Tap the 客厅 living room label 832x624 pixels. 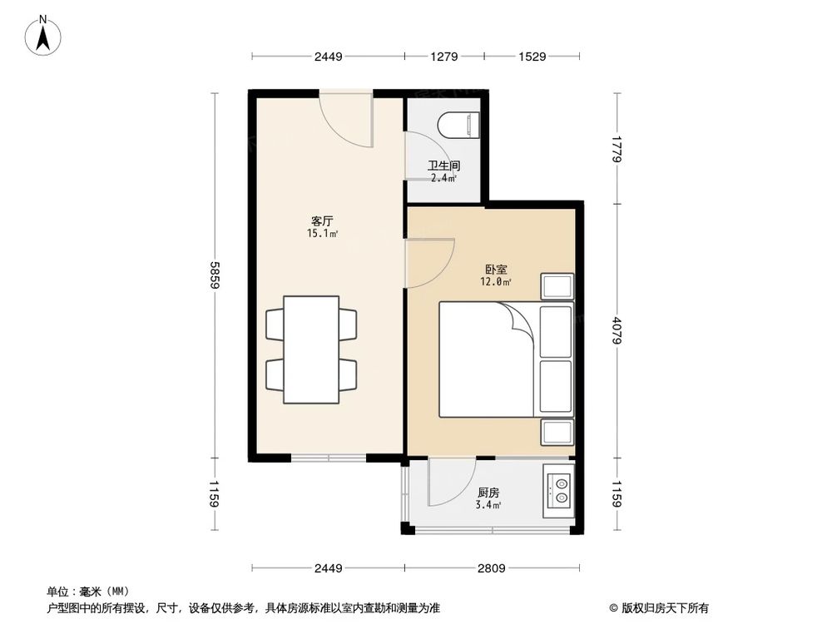[323, 221]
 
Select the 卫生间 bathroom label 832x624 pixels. [444, 166]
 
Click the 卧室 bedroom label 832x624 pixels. [496, 270]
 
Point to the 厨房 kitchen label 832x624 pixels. [488, 492]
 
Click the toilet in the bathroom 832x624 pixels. [460, 126]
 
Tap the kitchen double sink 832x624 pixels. [558, 489]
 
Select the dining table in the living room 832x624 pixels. [311, 349]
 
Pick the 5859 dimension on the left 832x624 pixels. [215, 274]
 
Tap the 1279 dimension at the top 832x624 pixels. [444, 57]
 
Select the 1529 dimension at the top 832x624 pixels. [532, 57]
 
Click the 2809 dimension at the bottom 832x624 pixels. [490, 568]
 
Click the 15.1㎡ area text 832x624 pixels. [323, 234]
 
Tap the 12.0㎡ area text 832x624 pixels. [496, 282]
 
